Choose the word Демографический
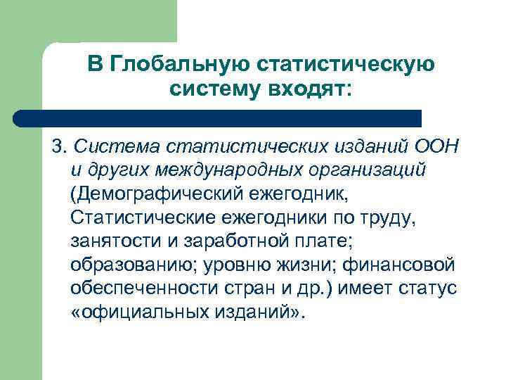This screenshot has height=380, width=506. (156, 194)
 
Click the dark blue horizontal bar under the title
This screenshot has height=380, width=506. (218, 118)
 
